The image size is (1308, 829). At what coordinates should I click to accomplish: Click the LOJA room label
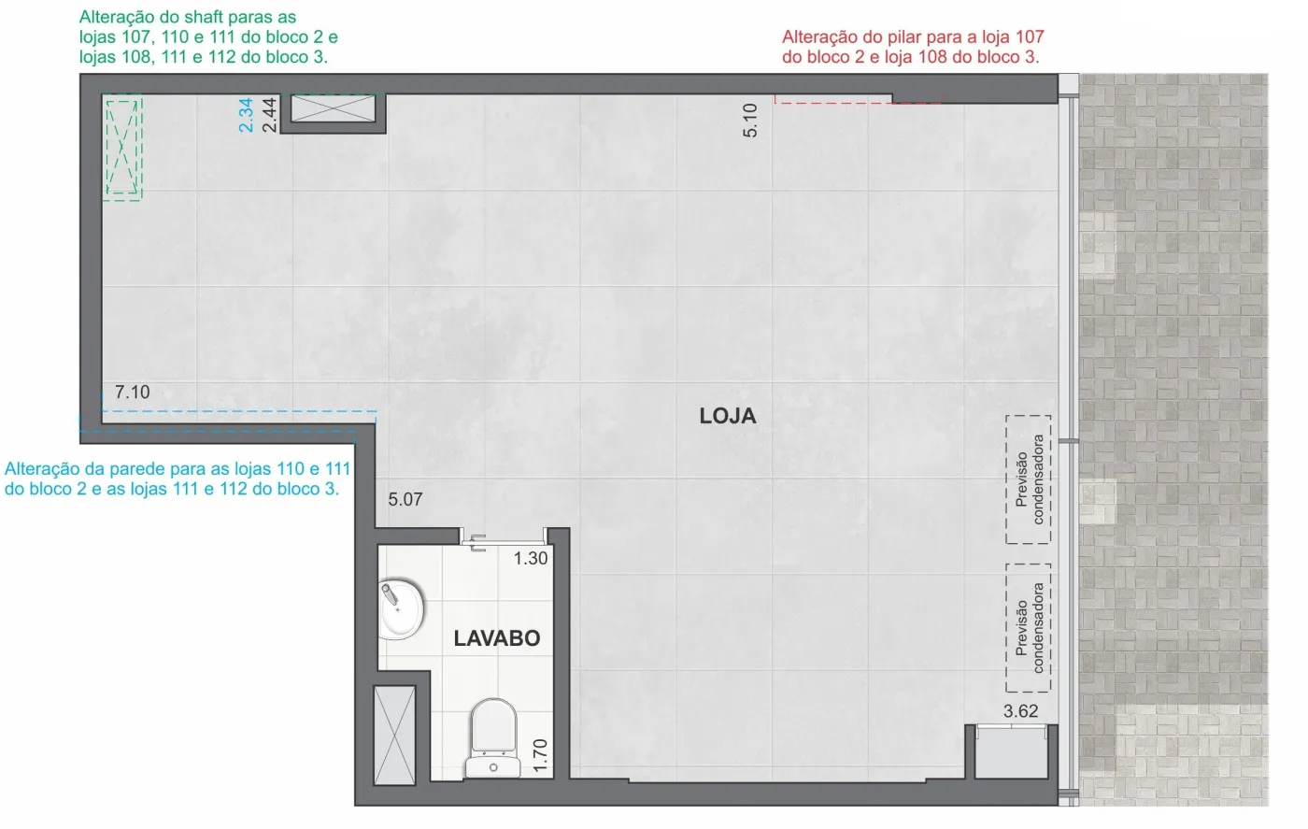click(728, 416)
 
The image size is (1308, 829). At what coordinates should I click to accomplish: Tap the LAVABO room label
click(497, 638)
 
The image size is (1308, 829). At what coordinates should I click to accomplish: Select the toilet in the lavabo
click(493, 738)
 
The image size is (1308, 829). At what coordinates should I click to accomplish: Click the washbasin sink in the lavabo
click(401, 609)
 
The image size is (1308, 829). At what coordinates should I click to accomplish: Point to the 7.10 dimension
click(132, 392)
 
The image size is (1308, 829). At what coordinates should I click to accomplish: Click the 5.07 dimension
click(405, 499)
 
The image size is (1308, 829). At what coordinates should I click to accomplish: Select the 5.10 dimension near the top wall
click(750, 121)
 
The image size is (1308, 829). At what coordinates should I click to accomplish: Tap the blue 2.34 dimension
click(247, 115)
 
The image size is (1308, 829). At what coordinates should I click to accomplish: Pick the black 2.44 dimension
click(269, 115)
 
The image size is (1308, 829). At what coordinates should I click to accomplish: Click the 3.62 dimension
click(1020, 711)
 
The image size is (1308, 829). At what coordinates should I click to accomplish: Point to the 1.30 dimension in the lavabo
click(531, 559)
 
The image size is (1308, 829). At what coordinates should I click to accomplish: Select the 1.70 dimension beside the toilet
click(541, 755)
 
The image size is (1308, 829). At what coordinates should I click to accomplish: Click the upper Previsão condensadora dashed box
click(1029, 479)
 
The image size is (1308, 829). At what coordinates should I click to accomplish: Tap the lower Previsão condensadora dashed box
click(1029, 628)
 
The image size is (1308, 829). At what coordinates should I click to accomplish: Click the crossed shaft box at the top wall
click(333, 108)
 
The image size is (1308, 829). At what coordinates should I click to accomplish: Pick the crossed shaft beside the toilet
click(394, 735)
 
